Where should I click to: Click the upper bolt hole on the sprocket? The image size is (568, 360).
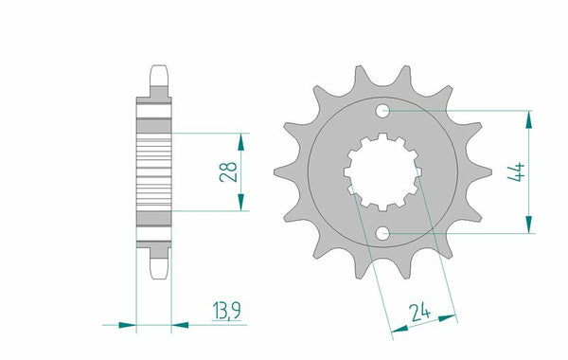pyautogui.click(x=383, y=113)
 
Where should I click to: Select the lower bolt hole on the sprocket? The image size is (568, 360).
pyautogui.click(x=383, y=233)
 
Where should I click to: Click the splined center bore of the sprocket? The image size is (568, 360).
pyautogui.click(x=382, y=172)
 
